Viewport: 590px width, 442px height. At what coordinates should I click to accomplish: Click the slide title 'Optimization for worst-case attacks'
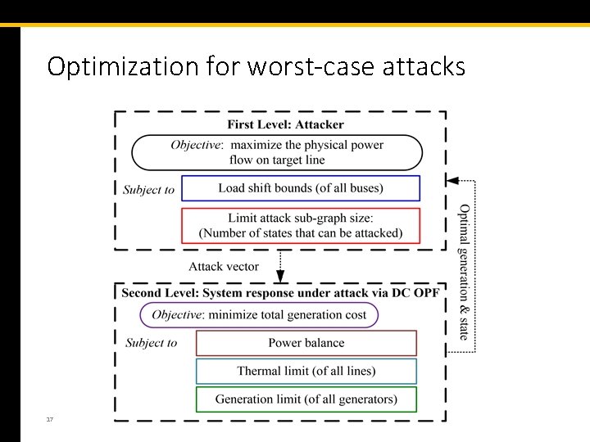click(x=256, y=66)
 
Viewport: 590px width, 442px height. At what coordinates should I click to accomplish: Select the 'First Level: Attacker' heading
click(x=285, y=125)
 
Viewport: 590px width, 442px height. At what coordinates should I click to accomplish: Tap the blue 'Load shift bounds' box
click(x=300, y=188)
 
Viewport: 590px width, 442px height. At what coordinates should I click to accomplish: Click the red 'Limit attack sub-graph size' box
click(x=300, y=225)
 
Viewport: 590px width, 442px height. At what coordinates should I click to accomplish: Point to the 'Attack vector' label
click(x=224, y=266)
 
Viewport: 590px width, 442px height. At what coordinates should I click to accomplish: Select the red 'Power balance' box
click(x=306, y=343)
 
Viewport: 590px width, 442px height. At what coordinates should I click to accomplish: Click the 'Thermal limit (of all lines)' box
click(x=306, y=371)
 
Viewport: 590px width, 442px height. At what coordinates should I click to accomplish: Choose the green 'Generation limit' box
click(x=306, y=399)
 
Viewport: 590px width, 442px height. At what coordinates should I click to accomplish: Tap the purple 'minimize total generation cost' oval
click(x=259, y=315)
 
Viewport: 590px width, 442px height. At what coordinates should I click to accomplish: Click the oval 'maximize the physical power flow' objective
click(x=277, y=152)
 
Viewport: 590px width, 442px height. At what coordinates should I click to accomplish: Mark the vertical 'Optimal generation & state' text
click(x=464, y=271)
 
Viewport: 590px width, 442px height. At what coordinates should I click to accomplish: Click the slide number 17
click(x=50, y=419)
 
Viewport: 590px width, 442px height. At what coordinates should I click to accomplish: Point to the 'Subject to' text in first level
click(x=148, y=190)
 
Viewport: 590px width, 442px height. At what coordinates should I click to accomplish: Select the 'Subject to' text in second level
click(x=151, y=343)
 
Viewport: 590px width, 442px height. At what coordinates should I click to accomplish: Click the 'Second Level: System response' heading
click(x=279, y=293)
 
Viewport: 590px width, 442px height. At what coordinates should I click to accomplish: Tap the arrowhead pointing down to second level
click(x=280, y=277)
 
